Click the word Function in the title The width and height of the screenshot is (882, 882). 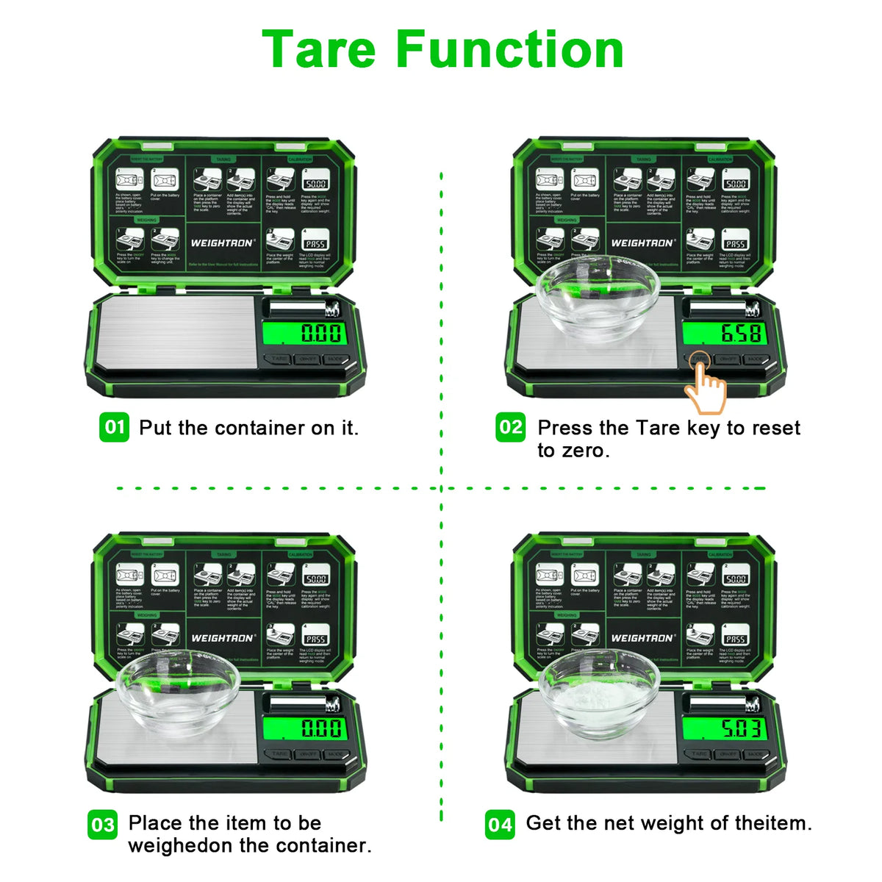point(510,49)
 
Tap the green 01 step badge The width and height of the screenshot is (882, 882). point(114,427)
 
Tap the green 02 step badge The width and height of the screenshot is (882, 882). point(511,427)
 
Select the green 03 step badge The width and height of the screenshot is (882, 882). point(103,824)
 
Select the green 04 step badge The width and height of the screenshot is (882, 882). point(500,824)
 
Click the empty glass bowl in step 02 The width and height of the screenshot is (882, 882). point(598,298)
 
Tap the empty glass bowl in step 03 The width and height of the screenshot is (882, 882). point(178,694)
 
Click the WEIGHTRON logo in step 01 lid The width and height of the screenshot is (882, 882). point(223,243)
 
